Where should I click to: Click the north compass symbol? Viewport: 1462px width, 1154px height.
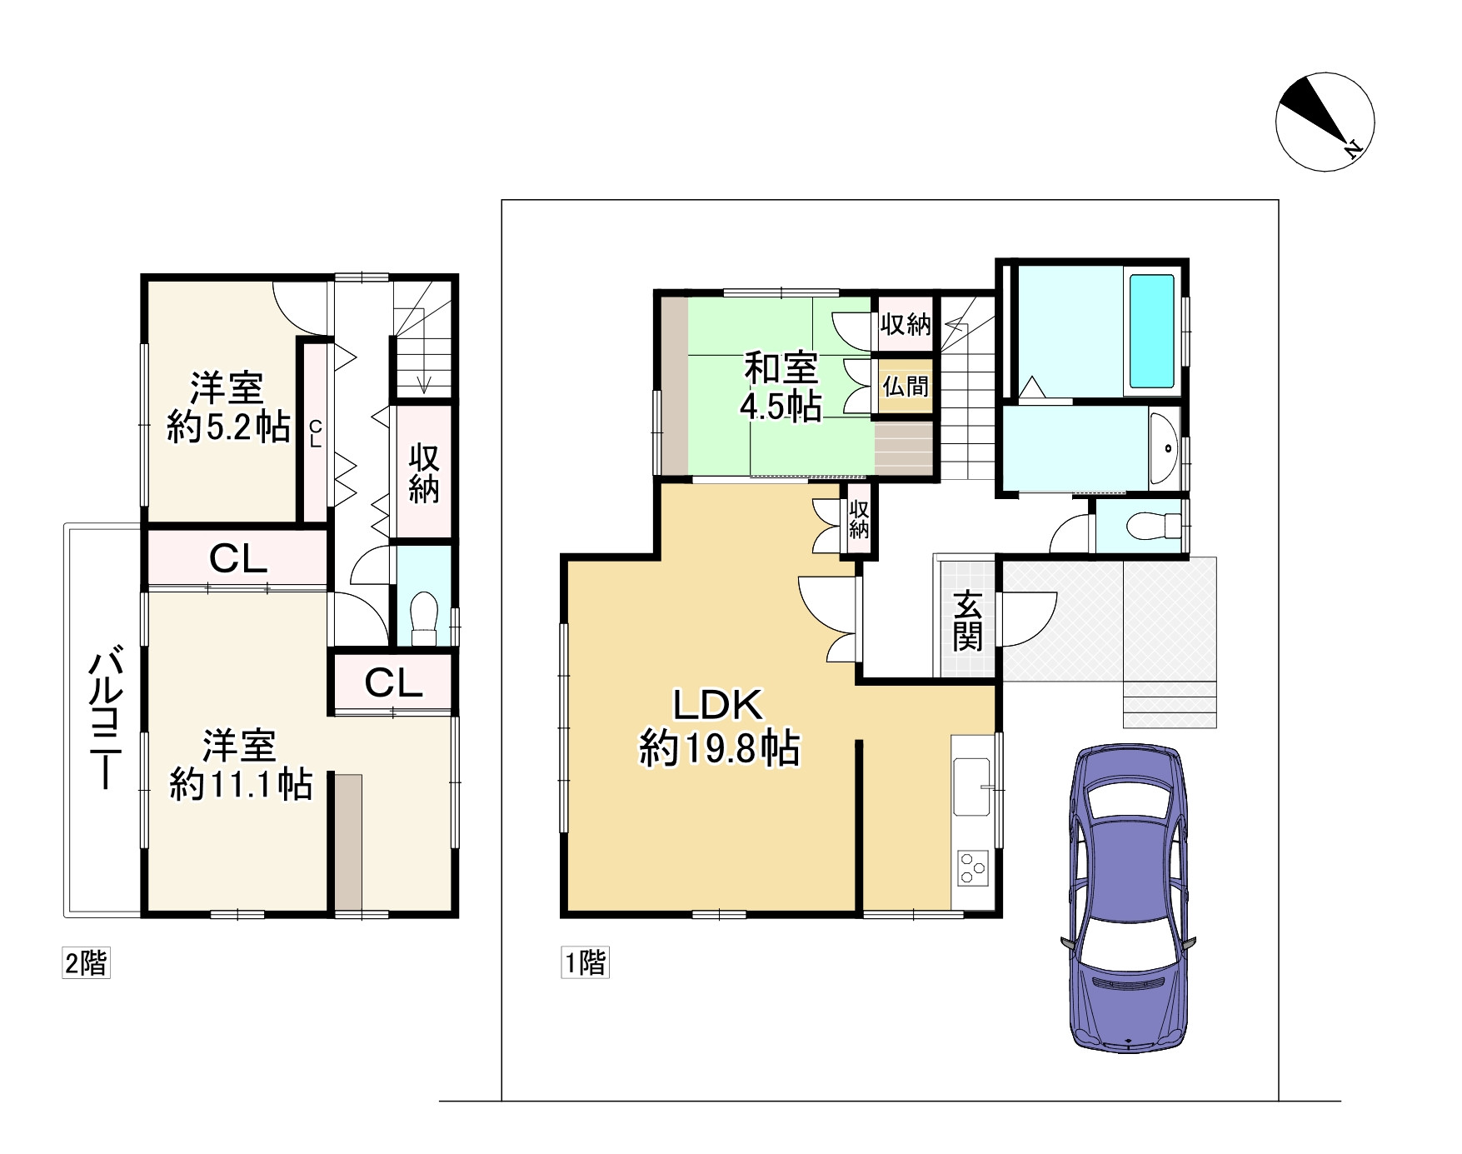pos(1325,122)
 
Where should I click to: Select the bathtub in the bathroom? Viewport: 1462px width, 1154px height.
pos(1151,331)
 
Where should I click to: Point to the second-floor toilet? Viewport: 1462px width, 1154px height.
pos(424,618)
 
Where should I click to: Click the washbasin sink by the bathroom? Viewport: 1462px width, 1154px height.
pos(1163,448)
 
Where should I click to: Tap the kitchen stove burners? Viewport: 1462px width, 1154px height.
pos(972,867)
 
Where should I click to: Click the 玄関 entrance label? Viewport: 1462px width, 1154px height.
pos(967,621)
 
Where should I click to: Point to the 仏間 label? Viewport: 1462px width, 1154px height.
pos(906,387)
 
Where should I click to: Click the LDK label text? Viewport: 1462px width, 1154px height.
pos(718,706)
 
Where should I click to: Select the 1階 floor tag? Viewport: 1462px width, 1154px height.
pos(586,962)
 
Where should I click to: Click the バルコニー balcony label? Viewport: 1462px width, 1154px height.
pos(106,720)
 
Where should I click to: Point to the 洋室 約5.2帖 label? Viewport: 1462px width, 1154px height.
pos(228,407)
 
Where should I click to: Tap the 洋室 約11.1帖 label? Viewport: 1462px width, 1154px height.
pos(241,765)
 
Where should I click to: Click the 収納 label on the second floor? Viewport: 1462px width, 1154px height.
pos(424,473)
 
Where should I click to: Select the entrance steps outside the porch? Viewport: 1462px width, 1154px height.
pos(1170,705)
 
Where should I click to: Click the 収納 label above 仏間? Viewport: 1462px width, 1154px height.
pos(906,324)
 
